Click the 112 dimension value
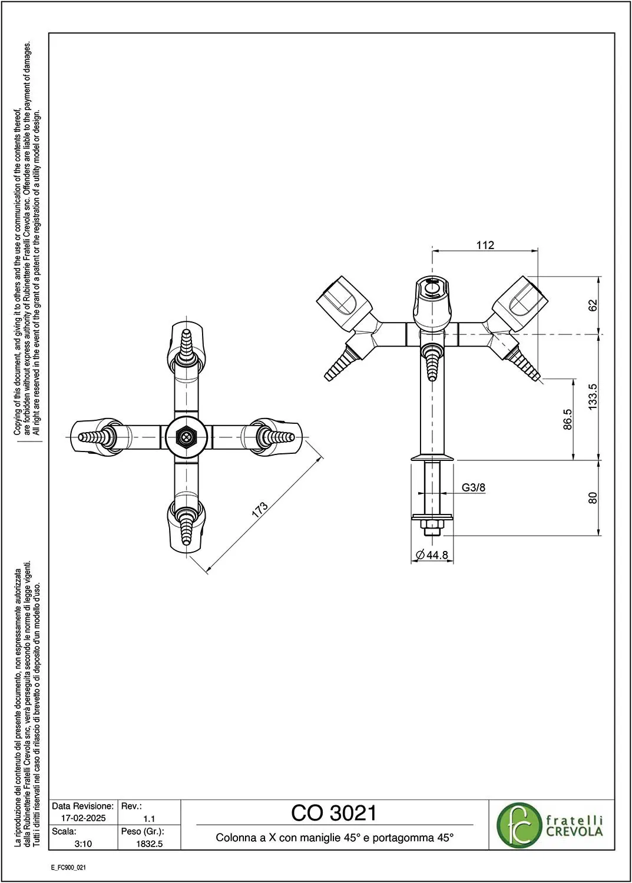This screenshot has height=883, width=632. (x=485, y=245)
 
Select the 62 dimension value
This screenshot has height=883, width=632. (x=593, y=306)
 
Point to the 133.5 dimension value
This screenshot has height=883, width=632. (x=593, y=397)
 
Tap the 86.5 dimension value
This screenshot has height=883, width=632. (x=567, y=419)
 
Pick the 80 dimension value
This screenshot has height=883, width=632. (x=593, y=498)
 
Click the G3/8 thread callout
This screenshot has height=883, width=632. (x=474, y=487)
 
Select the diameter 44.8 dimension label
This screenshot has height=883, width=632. (x=432, y=555)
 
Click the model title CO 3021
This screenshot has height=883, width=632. (x=334, y=813)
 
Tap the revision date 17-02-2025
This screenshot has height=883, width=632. (x=83, y=818)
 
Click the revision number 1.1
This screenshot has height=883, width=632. (x=149, y=818)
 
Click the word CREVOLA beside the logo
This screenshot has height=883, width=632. (x=574, y=832)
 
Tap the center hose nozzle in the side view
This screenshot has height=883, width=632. (x=432, y=362)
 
